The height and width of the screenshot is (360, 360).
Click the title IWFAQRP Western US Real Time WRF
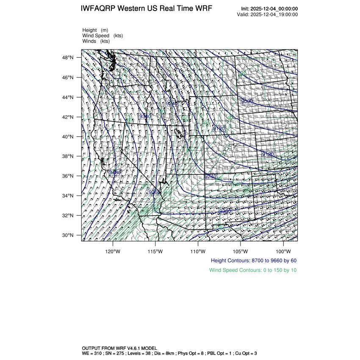click(x=146, y=9)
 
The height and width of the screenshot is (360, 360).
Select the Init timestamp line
click(x=269, y=9)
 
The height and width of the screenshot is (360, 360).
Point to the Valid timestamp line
click(x=267, y=14)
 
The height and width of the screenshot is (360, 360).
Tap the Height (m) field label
click(x=95, y=30)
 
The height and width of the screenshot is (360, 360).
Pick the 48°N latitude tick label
click(x=69, y=58)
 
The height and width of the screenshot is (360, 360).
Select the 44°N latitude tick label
click(x=69, y=97)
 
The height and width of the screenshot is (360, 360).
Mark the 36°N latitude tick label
click(x=69, y=176)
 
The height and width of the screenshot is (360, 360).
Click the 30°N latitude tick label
click(x=69, y=235)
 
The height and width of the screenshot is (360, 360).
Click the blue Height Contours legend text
click(x=254, y=260)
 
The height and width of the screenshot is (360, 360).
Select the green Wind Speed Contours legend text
click(x=253, y=270)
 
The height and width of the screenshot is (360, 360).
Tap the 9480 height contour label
click(x=115, y=172)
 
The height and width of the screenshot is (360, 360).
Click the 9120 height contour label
click(x=219, y=128)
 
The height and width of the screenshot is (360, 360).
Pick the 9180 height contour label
click(x=268, y=154)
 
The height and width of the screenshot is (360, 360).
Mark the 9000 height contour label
click(x=246, y=101)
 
